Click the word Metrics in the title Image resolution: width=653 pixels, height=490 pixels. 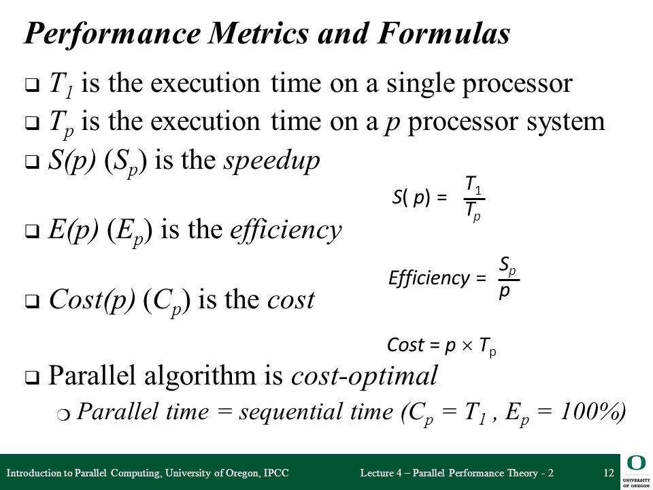(x=258, y=33)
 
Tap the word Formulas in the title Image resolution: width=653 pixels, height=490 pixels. (x=443, y=33)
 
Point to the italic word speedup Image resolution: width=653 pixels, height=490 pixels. (x=272, y=162)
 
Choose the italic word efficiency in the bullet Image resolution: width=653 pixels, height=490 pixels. (x=286, y=231)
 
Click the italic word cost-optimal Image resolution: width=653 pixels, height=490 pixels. (x=364, y=376)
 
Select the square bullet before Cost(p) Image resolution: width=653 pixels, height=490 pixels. (x=32, y=301)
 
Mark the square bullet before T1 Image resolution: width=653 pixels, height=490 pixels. (x=32, y=85)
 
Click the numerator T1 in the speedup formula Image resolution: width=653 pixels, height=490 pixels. (x=473, y=185)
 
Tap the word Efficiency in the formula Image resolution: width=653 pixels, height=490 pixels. (x=429, y=278)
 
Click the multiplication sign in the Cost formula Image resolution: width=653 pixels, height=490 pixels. (x=467, y=346)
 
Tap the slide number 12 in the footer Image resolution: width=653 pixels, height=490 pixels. (x=608, y=473)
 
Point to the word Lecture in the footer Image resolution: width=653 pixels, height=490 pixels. (x=378, y=473)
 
